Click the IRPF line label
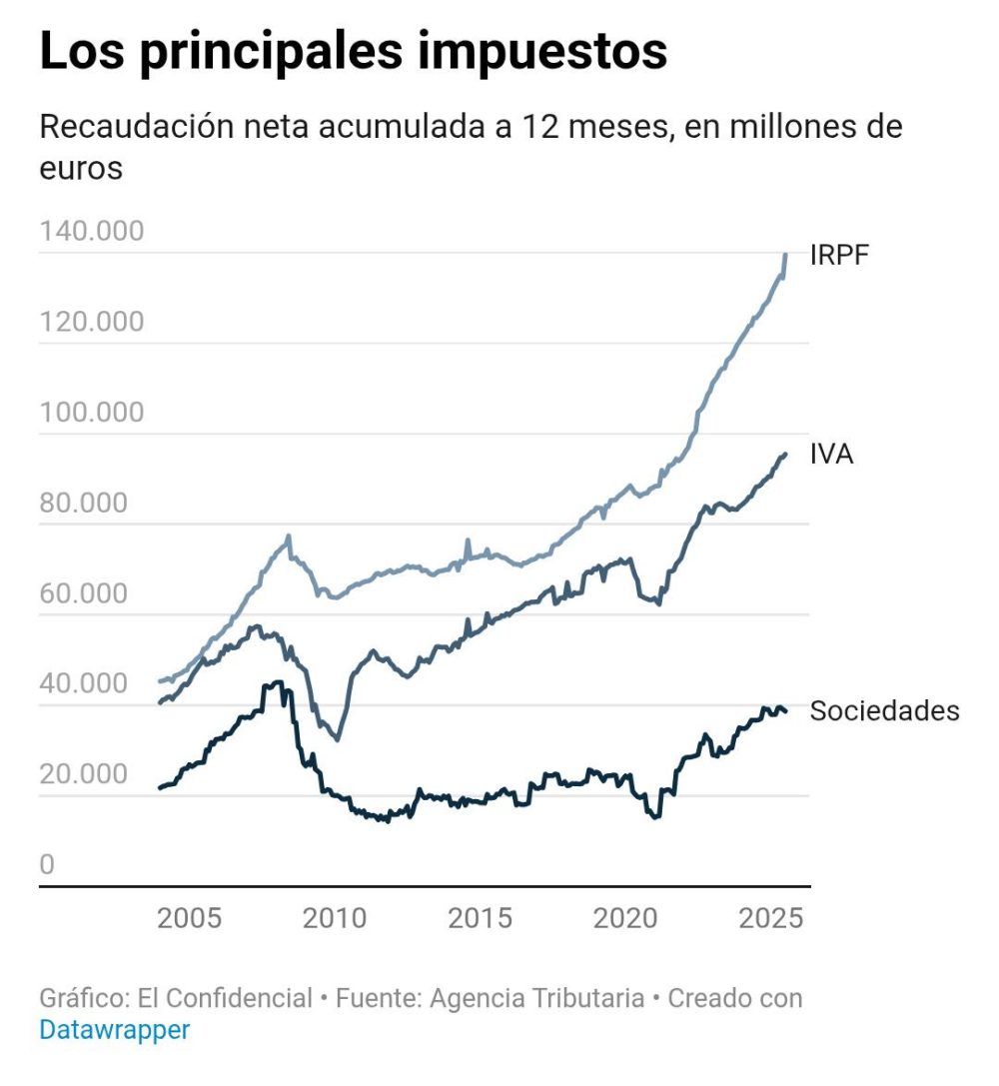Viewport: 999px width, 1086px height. click(x=839, y=255)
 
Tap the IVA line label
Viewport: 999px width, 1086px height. click(x=831, y=455)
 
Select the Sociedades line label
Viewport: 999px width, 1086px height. click(x=884, y=710)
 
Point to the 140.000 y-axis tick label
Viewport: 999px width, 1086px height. click(x=92, y=231)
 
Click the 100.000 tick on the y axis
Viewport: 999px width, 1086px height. click(x=92, y=413)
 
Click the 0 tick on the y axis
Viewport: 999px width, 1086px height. click(x=47, y=865)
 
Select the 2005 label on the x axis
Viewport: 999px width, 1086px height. click(x=190, y=918)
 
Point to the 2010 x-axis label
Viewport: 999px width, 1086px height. click(x=335, y=918)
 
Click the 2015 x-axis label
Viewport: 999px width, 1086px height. click(x=481, y=918)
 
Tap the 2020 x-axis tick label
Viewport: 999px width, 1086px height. click(x=626, y=918)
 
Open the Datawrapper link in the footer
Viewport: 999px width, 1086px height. click(x=114, y=1029)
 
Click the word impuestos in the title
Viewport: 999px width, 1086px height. click(x=542, y=52)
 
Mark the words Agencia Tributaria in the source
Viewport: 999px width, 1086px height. click(x=536, y=998)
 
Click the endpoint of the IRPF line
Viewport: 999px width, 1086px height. click(x=785, y=255)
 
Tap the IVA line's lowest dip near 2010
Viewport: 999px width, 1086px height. click(x=337, y=739)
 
